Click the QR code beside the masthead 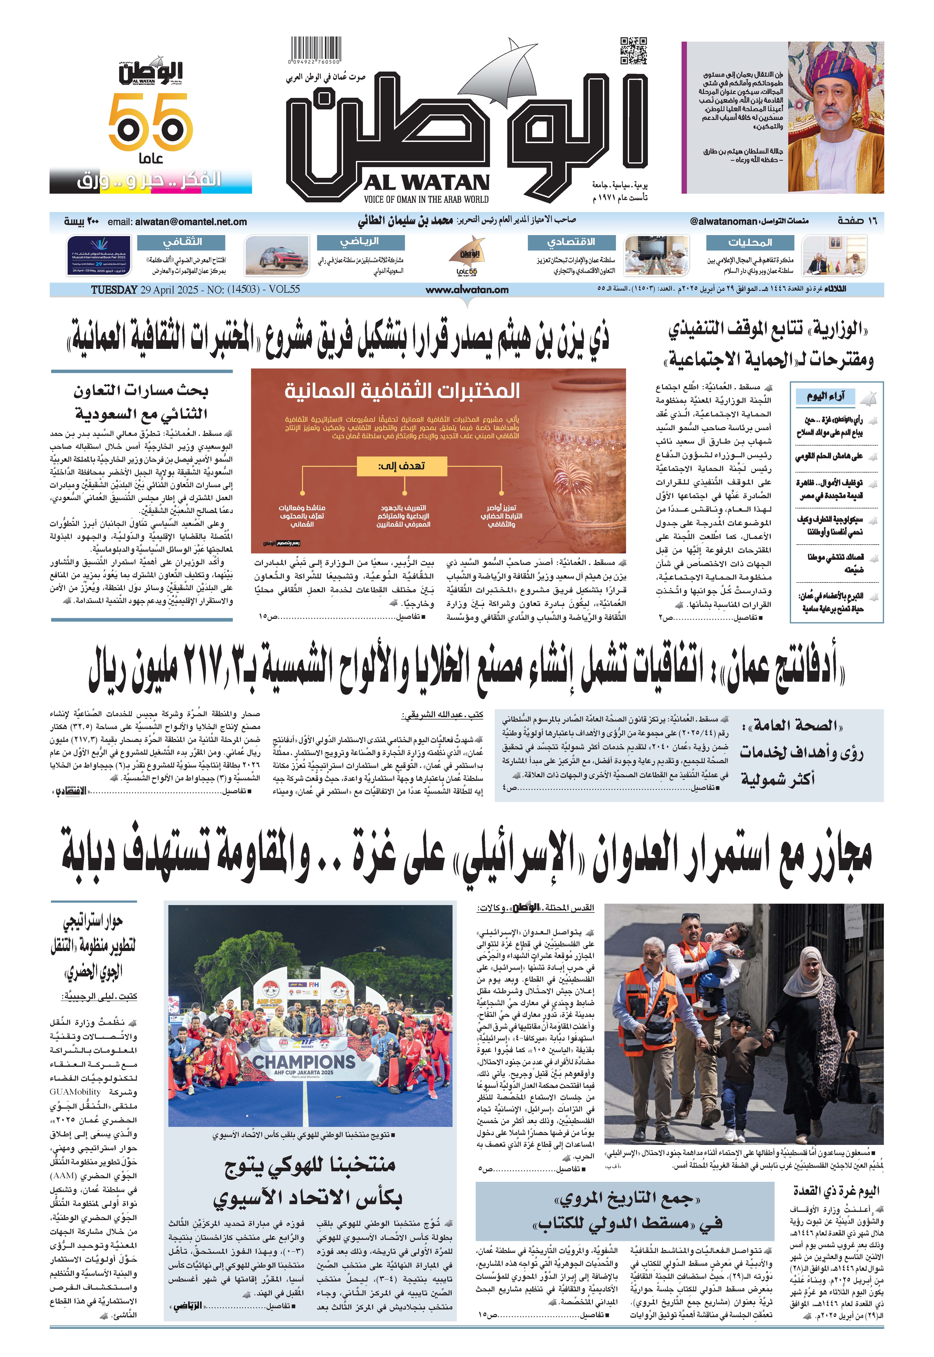click(633, 51)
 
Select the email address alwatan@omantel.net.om click(191, 222)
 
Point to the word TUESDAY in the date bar click(114, 290)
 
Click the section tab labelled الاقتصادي click(571, 242)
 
